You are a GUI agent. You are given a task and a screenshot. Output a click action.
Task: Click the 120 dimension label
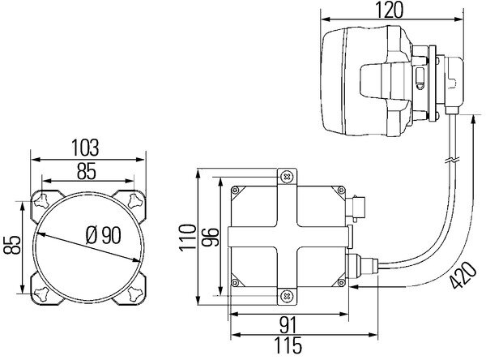(390, 10)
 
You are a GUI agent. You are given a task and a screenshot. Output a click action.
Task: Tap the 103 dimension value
(85, 148)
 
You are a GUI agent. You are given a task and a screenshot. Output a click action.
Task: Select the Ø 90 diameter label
(103, 235)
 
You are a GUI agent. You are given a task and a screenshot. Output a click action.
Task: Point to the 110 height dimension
(188, 237)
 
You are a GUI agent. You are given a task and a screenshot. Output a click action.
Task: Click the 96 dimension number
(210, 237)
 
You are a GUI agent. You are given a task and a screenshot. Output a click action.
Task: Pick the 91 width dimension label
(288, 325)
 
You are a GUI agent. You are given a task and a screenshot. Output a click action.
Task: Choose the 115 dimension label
(288, 345)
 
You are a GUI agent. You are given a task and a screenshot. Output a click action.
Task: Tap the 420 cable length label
(463, 276)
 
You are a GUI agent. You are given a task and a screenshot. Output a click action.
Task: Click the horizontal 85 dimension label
(87, 171)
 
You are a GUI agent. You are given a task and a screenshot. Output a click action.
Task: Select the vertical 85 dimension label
(13, 245)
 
